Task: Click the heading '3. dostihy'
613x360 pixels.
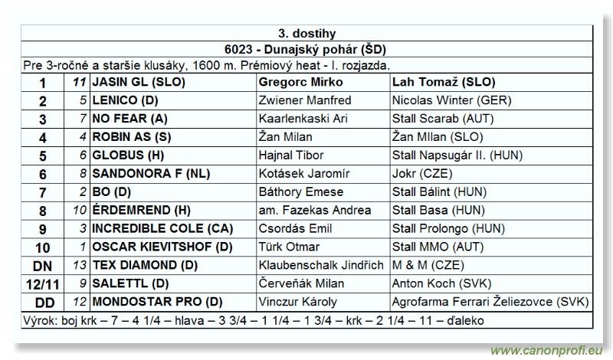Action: coord(306,34)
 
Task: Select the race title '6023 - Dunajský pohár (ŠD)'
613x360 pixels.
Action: coord(306,50)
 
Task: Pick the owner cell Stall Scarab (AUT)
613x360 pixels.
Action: coord(444,119)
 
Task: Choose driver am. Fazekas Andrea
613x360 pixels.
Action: coord(315,211)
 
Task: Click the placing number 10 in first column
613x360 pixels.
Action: coord(43,247)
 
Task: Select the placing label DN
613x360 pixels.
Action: coord(43,266)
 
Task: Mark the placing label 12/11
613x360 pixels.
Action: coord(43,284)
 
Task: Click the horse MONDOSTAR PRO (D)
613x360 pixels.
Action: coord(157,302)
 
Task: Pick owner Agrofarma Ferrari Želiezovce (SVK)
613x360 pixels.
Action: coord(490,302)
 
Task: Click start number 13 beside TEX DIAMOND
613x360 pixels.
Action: coord(80,266)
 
